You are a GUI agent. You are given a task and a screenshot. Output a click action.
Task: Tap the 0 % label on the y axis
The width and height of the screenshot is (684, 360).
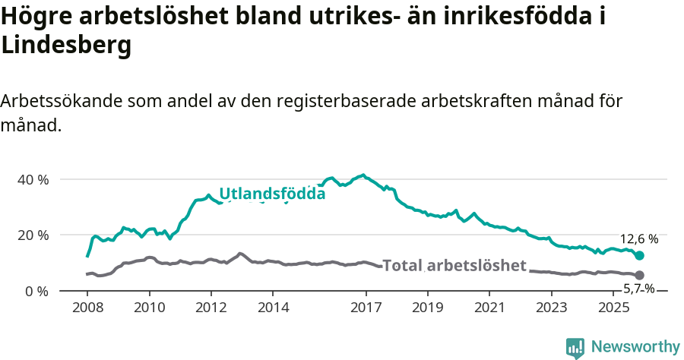click(38, 291)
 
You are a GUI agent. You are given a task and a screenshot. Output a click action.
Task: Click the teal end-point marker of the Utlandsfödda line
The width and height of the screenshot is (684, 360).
click(640, 256)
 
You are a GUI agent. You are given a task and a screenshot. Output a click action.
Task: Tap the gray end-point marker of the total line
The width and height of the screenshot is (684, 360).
click(640, 275)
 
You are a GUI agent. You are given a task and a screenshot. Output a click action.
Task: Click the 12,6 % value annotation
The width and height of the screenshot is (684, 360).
click(639, 238)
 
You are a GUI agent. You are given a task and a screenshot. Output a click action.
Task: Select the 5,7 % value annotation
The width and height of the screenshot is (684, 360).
click(639, 289)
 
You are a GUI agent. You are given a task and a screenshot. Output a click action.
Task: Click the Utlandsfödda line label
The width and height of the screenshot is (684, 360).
click(272, 194)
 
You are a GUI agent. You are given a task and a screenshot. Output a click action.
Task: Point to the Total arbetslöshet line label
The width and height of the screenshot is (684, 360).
click(454, 265)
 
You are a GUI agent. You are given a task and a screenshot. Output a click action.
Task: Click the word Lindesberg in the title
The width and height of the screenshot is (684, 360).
click(67, 46)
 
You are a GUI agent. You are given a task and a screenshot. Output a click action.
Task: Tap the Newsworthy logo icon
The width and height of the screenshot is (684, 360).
click(575, 348)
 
